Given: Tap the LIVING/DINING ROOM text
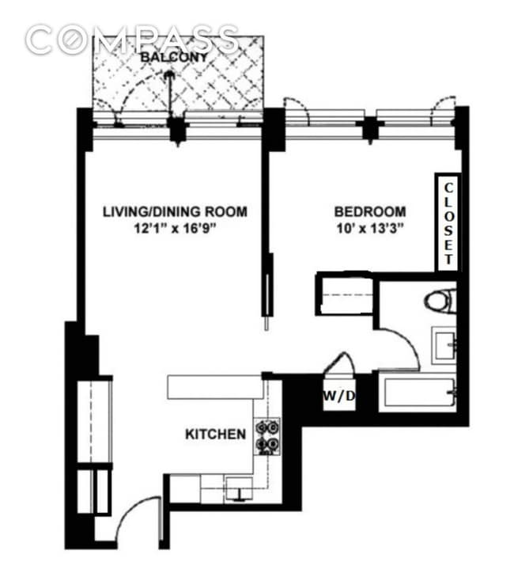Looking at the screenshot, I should (x=174, y=211).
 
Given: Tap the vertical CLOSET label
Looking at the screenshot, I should (x=448, y=223).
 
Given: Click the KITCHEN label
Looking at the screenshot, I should (x=215, y=434).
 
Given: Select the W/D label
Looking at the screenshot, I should (x=338, y=396).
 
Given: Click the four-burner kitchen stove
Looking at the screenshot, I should (x=267, y=436).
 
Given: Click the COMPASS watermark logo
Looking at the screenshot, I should (x=131, y=38).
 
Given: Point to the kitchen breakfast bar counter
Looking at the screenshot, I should (x=214, y=387).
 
